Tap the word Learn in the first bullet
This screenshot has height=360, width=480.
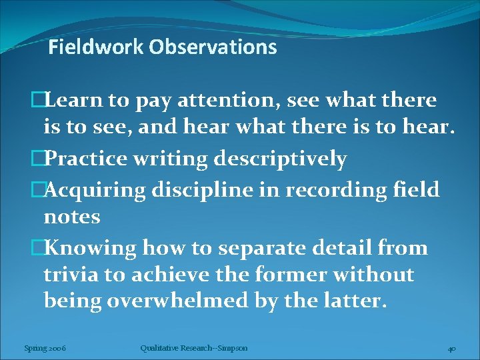click(x=75, y=101)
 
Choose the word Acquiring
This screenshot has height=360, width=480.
click(x=95, y=189)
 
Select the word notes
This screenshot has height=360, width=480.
click(x=72, y=217)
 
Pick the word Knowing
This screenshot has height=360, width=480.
click(x=90, y=248)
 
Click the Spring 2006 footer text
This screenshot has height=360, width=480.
click(x=45, y=348)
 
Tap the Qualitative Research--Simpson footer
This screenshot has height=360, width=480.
click(x=194, y=348)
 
